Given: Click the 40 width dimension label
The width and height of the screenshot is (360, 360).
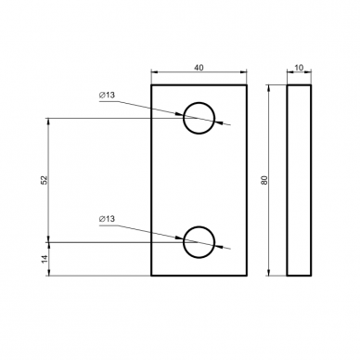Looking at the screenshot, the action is pos(199,68).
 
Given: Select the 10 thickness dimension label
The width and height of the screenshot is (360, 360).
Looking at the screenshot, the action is pos(299,68).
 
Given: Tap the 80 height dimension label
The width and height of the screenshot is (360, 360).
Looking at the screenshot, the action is pos(264,180).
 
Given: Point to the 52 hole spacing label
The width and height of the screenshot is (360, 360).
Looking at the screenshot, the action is pos(45,180).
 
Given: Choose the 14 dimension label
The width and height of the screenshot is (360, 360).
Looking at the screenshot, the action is pos(45,259).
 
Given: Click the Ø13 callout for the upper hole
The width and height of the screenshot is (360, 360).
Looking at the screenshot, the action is pos(107,96).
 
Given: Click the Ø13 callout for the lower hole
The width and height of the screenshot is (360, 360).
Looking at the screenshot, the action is pos(107,219).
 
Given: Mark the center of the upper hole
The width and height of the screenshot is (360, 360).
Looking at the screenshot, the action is pos(199,118).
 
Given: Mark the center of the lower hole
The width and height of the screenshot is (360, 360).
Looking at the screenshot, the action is pos(199,242).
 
